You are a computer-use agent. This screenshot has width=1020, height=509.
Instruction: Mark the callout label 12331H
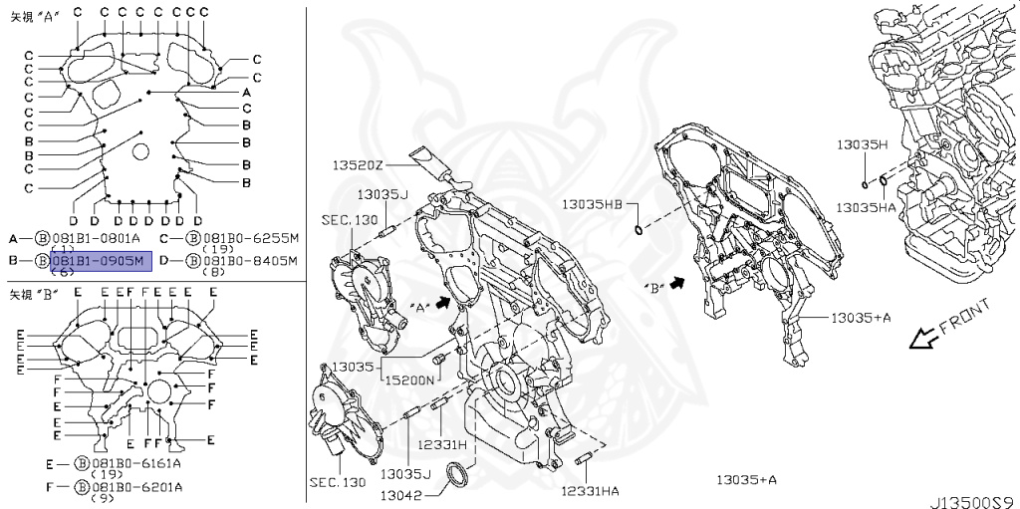coord(442,444)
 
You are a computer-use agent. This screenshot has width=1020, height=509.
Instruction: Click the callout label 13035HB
coord(591,203)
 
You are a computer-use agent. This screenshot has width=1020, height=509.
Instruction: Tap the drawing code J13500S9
coord(973,501)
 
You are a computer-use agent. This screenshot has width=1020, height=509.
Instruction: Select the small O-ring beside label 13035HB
coord(637,232)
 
